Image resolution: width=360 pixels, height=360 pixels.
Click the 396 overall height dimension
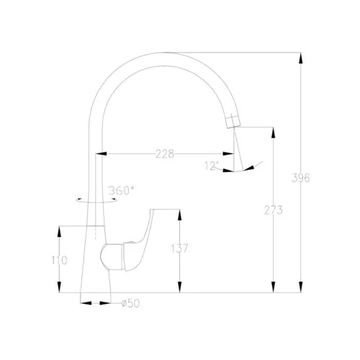pos(300,178)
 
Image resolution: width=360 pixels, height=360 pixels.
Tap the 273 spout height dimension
pos(273,210)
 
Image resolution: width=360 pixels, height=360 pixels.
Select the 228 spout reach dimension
pos(165,154)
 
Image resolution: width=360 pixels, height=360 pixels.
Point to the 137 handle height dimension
pos(179,248)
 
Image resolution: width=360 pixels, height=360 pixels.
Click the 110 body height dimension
pos(59,260)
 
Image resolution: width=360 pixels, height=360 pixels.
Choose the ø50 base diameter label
pos(130,303)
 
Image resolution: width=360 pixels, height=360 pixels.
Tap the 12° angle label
pos(212,166)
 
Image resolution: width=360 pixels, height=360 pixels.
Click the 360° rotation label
pos(121,191)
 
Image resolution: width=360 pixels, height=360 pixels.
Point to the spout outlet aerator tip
pos(233,121)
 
